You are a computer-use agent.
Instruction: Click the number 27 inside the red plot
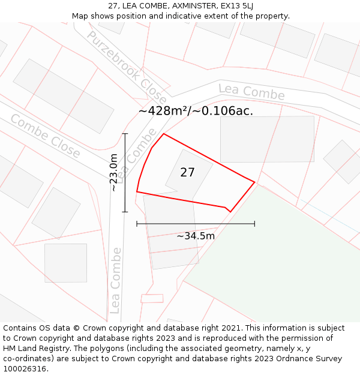coord(187,173)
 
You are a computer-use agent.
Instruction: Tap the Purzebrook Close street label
coord(127,66)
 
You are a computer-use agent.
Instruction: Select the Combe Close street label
coord(45,136)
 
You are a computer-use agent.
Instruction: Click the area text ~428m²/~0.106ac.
coord(196,110)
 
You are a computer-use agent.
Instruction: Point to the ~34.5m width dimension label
coord(196,236)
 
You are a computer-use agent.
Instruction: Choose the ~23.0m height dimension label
coord(113,172)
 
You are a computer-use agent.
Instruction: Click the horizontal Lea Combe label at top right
coord(251,92)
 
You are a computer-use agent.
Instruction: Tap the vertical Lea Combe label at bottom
coord(116,280)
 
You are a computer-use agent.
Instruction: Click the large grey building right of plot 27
coord(266,139)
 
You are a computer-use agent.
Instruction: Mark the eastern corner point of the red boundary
coord(255,182)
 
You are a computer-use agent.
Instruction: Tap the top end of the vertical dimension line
coord(125,134)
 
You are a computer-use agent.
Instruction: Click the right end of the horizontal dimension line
coord(255,224)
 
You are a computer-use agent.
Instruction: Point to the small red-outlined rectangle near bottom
coord(152,298)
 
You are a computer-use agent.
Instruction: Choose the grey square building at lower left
coord(65,263)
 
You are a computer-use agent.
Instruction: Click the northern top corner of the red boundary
coord(164,134)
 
